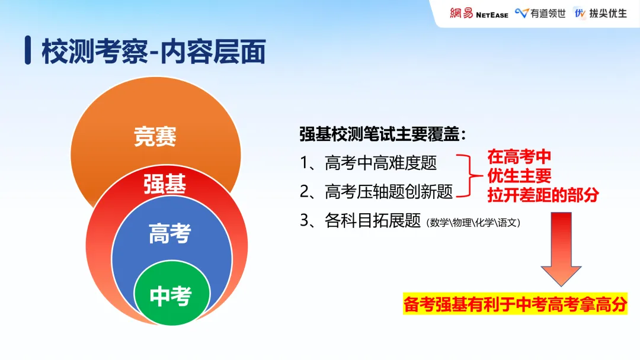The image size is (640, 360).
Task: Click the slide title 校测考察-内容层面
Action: click(153, 52)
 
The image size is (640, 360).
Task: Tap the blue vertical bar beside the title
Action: click(28, 51)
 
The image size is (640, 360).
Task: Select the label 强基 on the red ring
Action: click(165, 185)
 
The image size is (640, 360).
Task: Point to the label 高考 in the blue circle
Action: click(169, 233)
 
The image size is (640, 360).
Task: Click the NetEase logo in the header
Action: click(479, 13)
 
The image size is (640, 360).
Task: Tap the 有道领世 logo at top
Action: click(540, 13)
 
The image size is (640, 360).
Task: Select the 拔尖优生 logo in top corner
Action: click(600, 13)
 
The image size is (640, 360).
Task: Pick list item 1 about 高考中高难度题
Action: click(369, 163)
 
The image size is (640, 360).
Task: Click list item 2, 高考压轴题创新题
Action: click(376, 191)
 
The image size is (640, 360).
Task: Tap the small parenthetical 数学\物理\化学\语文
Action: click(473, 223)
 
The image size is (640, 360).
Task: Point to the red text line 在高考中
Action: click(519, 157)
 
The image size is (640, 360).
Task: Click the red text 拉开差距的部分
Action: click(543, 194)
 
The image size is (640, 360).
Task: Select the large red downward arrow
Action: click(561, 249)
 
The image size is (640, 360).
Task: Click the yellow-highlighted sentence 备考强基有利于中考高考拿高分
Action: click(515, 304)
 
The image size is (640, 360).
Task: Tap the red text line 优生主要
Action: click(519, 176)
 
